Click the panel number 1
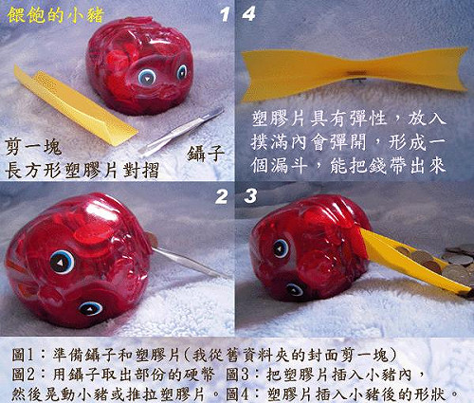coord(225,14)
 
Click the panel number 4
coord(248,14)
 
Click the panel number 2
coord(223,196)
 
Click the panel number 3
coord(250,196)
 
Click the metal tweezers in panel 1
coord(180,131)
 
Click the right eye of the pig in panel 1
coord(181,71)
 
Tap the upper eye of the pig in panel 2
coord(62,262)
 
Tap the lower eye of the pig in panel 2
coord(90,307)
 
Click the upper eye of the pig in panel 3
coord(281,248)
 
